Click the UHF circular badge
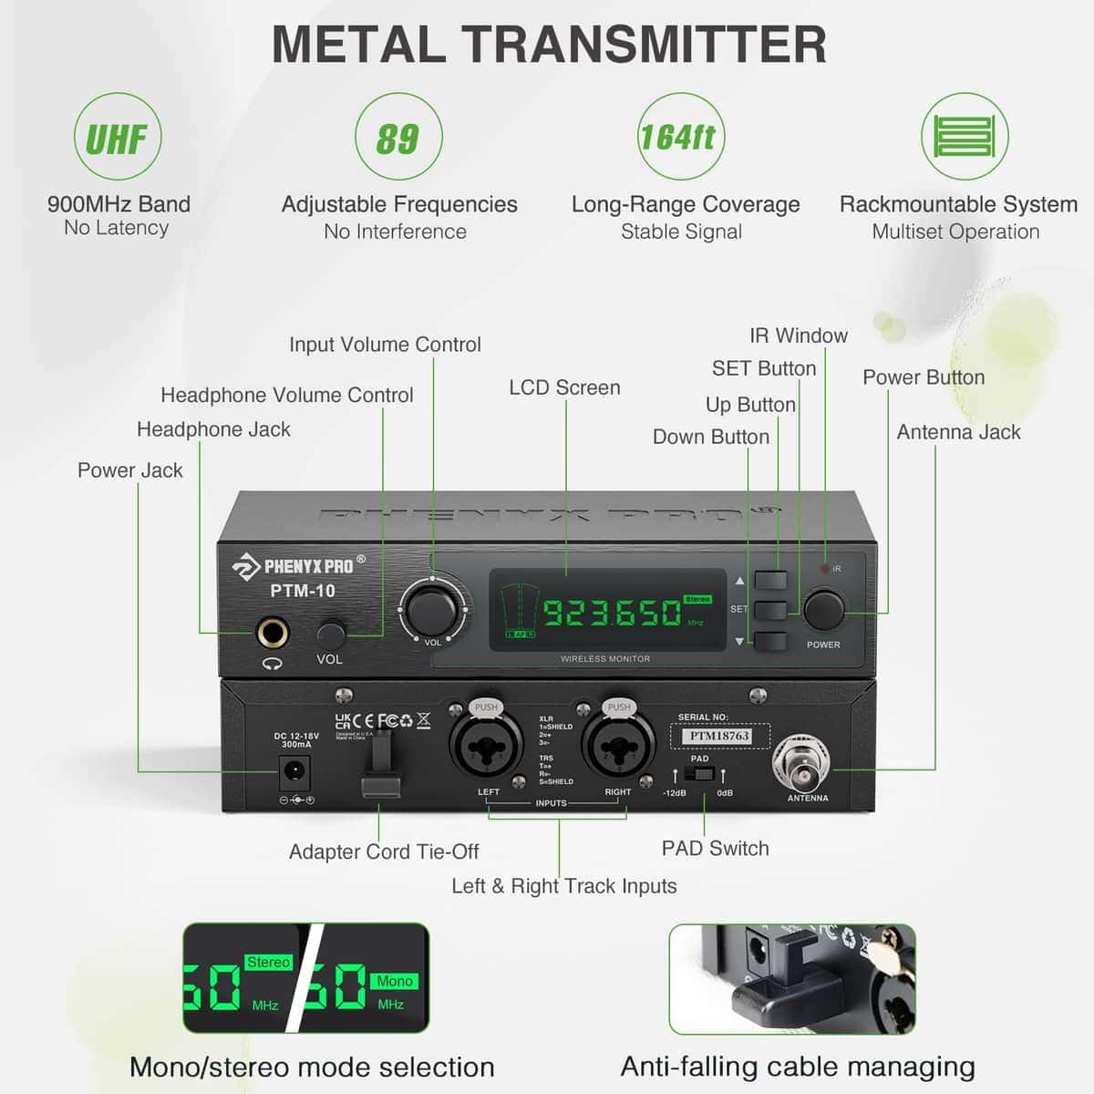point(118,137)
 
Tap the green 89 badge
point(398,137)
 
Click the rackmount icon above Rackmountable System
point(965,137)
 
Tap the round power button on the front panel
point(823,610)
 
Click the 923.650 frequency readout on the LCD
point(613,613)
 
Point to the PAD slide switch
point(699,775)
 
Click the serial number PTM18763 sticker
point(719,736)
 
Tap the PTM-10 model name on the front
point(303,591)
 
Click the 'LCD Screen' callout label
point(564,387)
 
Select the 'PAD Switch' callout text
point(715,848)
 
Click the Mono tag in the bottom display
point(395,981)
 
